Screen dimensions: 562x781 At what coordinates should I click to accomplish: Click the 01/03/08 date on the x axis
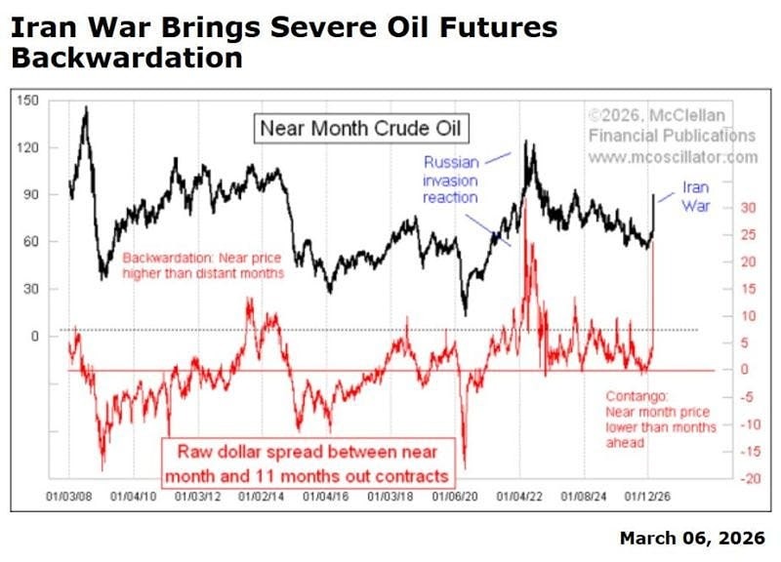click(x=71, y=497)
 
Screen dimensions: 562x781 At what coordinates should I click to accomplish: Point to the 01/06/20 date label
click(x=457, y=497)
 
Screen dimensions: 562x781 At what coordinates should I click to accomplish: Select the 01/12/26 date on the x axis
click(x=651, y=497)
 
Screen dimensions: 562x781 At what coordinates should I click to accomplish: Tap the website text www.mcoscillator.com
click(x=672, y=156)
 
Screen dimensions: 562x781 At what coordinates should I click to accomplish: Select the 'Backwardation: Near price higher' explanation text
click(x=203, y=265)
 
